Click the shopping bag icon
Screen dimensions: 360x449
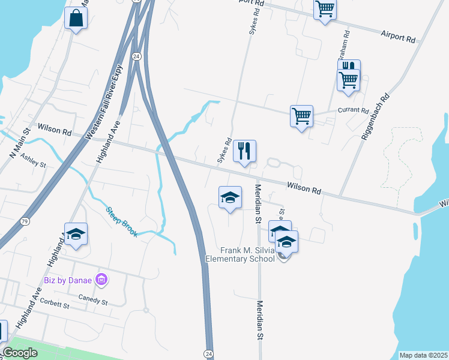click(x=76, y=18)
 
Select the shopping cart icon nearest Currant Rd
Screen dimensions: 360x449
click(x=301, y=115)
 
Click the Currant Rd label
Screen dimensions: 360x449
click(x=353, y=111)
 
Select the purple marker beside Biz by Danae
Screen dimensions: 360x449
click(x=101, y=280)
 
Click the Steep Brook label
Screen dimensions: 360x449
click(x=122, y=222)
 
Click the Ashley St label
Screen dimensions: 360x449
click(x=34, y=161)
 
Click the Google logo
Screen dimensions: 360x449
click(x=20, y=353)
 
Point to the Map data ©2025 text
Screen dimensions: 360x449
click(x=424, y=355)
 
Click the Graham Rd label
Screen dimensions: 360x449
click(x=343, y=47)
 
